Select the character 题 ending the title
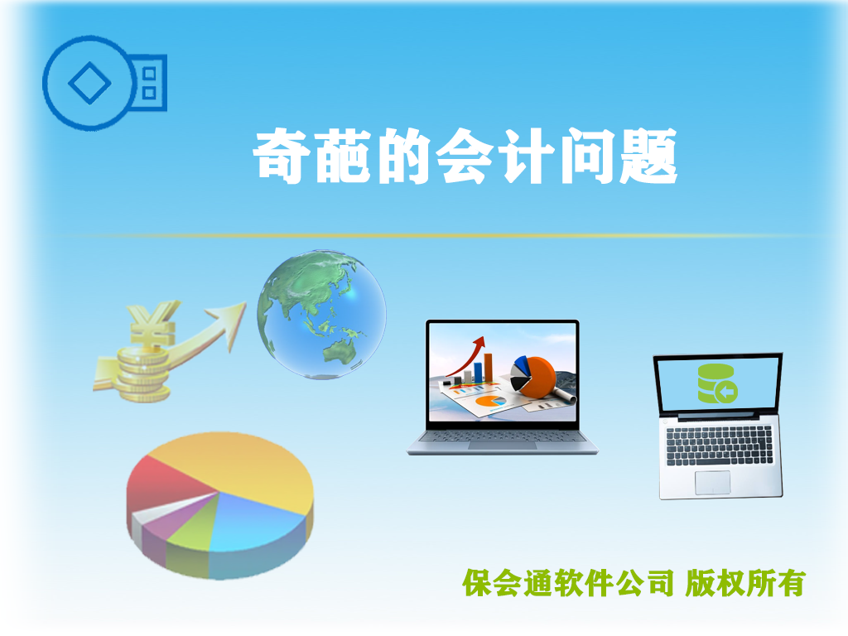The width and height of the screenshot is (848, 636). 648,156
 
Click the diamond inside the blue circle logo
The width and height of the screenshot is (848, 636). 89,83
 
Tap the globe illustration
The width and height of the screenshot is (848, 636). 321,315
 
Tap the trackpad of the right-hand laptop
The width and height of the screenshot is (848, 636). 712,483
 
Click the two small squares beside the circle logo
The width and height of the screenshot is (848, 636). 149,84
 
